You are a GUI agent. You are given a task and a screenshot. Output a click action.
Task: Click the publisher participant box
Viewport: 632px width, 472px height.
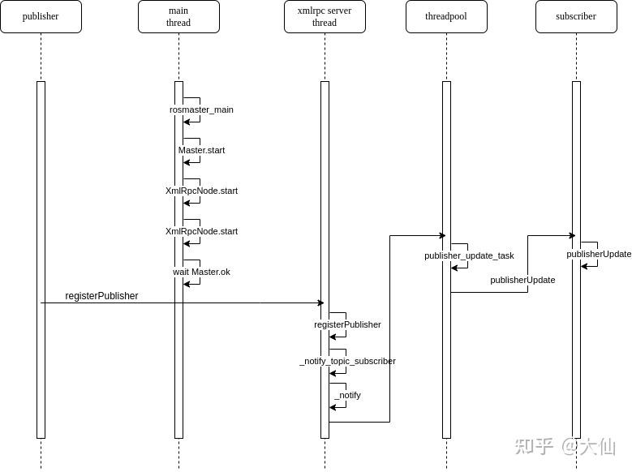click(x=41, y=16)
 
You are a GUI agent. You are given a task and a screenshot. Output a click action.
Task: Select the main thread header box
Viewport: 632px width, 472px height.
click(x=178, y=16)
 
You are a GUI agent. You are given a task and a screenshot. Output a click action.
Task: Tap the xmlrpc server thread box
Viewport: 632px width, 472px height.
click(x=325, y=16)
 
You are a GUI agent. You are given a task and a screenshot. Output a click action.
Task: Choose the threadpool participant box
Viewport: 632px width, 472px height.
click(x=446, y=16)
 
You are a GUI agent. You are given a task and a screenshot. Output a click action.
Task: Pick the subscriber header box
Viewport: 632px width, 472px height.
click(x=576, y=16)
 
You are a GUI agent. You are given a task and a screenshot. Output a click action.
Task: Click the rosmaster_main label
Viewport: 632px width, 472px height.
click(x=201, y=109)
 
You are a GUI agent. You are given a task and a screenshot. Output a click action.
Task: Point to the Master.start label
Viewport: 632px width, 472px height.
click(x=201, y=150)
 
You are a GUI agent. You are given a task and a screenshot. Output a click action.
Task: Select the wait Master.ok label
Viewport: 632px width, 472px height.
click(x=201, y=272)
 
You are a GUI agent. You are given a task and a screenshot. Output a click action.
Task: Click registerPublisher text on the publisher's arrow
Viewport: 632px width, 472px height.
click(x=101, y=296)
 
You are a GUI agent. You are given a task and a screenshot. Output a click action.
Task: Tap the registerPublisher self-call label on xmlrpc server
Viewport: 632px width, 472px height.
click(x=347, y=324)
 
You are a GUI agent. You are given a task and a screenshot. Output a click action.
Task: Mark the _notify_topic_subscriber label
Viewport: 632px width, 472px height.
click(x=347, y=361)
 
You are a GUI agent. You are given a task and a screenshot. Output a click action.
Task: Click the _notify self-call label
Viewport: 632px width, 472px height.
click(x=347, y=395)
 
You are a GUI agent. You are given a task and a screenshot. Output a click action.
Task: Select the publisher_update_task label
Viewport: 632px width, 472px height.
click(x=469, y=255)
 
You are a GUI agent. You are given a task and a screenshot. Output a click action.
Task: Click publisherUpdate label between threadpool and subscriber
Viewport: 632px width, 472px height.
click(x=522, y=280)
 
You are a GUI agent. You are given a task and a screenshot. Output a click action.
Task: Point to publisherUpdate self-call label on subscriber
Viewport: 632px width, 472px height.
click(x=599, y=254)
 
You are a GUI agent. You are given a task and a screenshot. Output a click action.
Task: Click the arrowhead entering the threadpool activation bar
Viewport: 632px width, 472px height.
click(x=441, y=236)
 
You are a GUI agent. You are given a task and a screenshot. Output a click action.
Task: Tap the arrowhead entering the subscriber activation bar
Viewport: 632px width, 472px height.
click(x=571, y=236)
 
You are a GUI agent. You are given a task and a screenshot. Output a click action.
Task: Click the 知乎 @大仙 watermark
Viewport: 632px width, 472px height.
click(x=565, y=446)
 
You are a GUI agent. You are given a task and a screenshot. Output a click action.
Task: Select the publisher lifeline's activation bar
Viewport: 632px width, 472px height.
click(x=41, y=260)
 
